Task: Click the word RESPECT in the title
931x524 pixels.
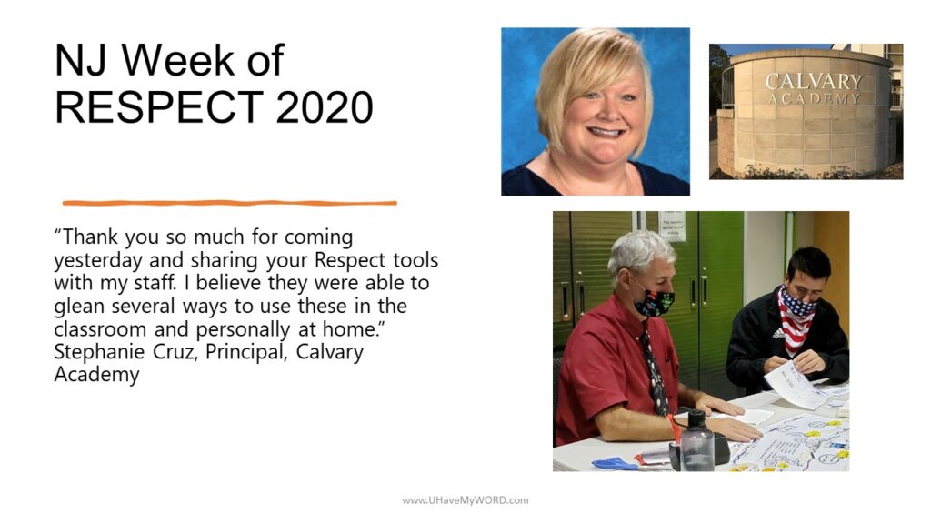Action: coord(159,107)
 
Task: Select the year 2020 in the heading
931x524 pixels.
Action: coord(325,107)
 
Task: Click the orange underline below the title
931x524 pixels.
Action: coord(229,203)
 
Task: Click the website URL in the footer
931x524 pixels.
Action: coord(465,500)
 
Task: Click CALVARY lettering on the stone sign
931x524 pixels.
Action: coord(813,81)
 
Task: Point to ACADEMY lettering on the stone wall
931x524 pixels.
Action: coord(814,98)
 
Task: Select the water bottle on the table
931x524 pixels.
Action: coord(696,440)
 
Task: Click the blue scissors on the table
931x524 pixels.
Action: coord(615,463)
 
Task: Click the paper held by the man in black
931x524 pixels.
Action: coord(793,385)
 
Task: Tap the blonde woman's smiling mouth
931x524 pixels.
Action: coord(605,132)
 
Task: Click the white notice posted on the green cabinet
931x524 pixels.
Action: coord(672,227)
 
